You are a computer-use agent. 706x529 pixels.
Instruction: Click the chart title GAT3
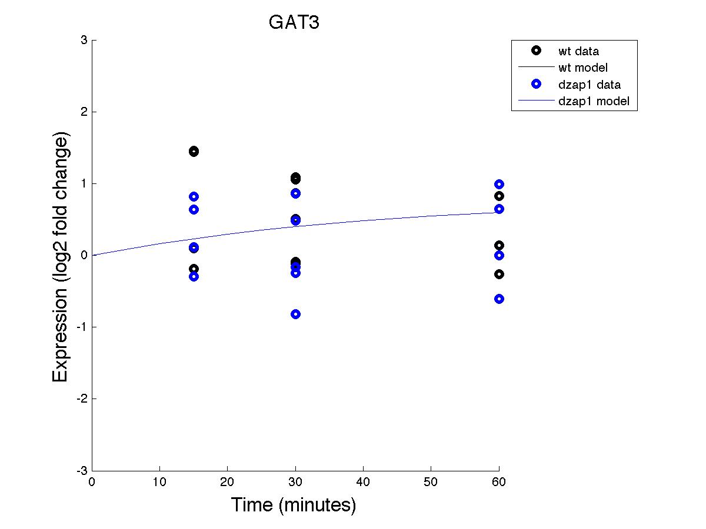point(294,22)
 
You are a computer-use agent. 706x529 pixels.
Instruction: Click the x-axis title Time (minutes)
point(293,504)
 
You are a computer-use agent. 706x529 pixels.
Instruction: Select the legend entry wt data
point(578,51)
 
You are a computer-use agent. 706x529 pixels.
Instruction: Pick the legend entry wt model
point(582,68)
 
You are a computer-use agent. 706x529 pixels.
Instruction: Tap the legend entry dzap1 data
point(589,85)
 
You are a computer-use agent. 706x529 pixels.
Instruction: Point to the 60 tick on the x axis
point(499,483)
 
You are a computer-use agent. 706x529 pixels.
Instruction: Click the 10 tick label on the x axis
point(160,483)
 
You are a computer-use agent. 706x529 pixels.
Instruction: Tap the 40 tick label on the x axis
point(363,483)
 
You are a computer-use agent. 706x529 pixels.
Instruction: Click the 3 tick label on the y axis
point(84,40)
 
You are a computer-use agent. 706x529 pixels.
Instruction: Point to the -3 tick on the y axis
point(82,471)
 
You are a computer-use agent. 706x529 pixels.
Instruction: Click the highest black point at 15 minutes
point(194,152)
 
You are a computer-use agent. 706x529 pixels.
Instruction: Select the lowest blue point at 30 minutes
point(295,314)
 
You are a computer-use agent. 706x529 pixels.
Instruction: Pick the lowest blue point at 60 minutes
point(499,299)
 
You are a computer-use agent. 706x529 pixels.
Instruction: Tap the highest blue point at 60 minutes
point(499,184)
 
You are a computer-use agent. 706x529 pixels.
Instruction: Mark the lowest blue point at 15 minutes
point(194,276)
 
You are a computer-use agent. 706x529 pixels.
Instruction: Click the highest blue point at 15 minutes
point(194,196)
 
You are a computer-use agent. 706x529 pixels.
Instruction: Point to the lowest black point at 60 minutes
point(499,274)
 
